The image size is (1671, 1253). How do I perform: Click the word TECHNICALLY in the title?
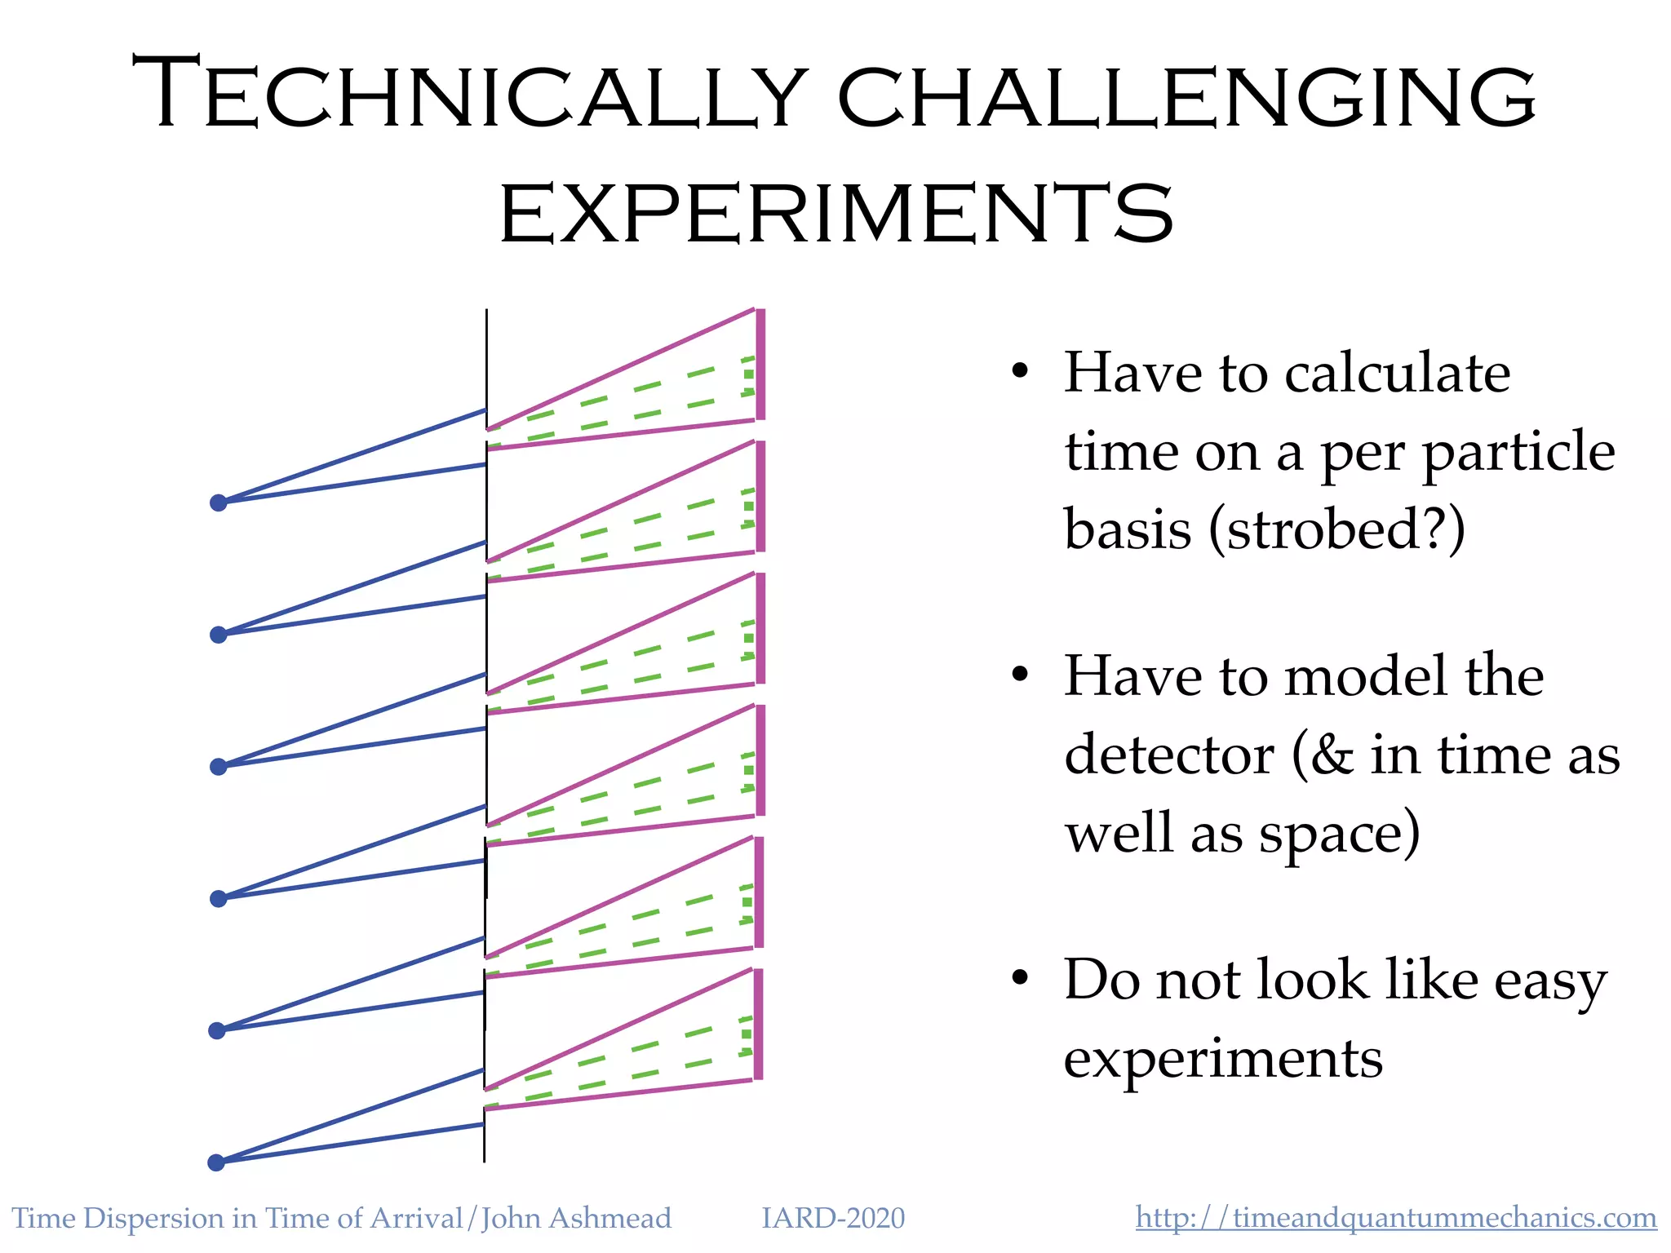click(469, 94)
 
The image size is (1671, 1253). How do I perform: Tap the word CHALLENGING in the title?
click(1187, 98)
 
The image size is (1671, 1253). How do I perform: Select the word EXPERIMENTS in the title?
click(836, 214)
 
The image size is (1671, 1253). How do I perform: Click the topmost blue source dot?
click(218, 503)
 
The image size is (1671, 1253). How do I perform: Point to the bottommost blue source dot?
click(216, 1162)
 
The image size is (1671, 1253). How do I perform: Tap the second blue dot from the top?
click(218, 635)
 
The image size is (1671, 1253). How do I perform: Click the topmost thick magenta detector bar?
click(760, 365)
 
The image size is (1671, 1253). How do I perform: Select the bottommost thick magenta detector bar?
click(758, 1025)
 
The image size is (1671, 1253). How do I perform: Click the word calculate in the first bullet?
click(1397, 373)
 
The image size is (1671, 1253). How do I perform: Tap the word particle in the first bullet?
click(1518, 452)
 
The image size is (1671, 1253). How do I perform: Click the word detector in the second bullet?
click(1169, 755)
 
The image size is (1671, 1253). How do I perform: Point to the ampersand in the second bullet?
click(1332, 755)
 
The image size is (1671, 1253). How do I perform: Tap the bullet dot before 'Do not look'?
click(1020, 977)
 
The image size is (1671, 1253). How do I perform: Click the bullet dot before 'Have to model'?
click(1020, 675)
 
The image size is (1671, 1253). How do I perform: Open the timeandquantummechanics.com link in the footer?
click(1395, 1218)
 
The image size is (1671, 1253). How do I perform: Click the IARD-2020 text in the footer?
click(833, 1218)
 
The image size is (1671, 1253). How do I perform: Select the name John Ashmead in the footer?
click(576, 1218)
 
